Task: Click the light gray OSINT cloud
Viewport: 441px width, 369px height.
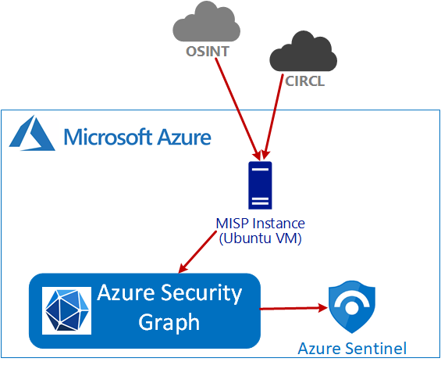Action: pos(206,22)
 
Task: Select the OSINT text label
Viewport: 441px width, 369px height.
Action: pos(208,52)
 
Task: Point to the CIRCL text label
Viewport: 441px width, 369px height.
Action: pos(305,81)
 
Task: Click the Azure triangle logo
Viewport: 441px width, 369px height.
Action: pos(32,133)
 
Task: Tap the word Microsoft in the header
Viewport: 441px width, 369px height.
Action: pos(108,137)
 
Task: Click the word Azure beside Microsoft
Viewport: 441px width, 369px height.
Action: pos(184,137)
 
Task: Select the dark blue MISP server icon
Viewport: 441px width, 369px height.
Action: pos(260,185)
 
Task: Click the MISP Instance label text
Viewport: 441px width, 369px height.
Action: pos(260,224)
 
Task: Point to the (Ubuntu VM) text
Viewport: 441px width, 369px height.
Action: pos(260,238)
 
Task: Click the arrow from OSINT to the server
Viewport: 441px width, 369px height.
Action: pos(237,109)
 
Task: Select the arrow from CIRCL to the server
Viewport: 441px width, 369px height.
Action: pos(272,116)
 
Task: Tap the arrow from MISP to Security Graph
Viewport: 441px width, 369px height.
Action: pos(197,252)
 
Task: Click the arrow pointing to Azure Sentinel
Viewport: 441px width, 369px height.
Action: pos(293,308)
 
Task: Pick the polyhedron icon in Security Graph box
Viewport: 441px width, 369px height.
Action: pos(67,310)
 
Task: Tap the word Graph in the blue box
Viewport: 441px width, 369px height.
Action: pos(169,322)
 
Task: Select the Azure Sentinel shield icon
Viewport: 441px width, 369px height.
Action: pos(352,306)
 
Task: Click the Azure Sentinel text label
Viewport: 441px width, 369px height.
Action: pos(352,349)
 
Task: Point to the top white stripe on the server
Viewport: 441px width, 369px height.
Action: pos(260,170)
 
